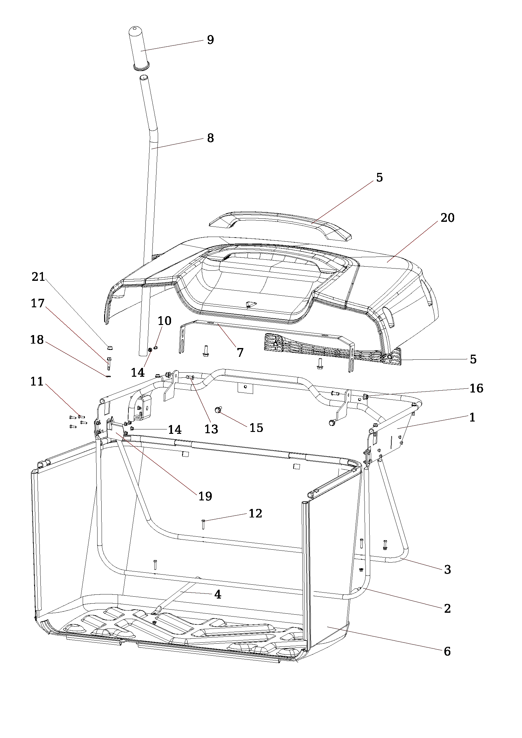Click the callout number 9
210,40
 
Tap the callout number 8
210,138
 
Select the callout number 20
447,218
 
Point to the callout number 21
38,277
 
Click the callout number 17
38,303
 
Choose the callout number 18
37,340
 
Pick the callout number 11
37,381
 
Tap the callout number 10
164,321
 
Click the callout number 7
240,353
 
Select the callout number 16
476,388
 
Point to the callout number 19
205,496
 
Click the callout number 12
255,513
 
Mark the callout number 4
218,595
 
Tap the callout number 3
447,570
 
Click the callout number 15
256,428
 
